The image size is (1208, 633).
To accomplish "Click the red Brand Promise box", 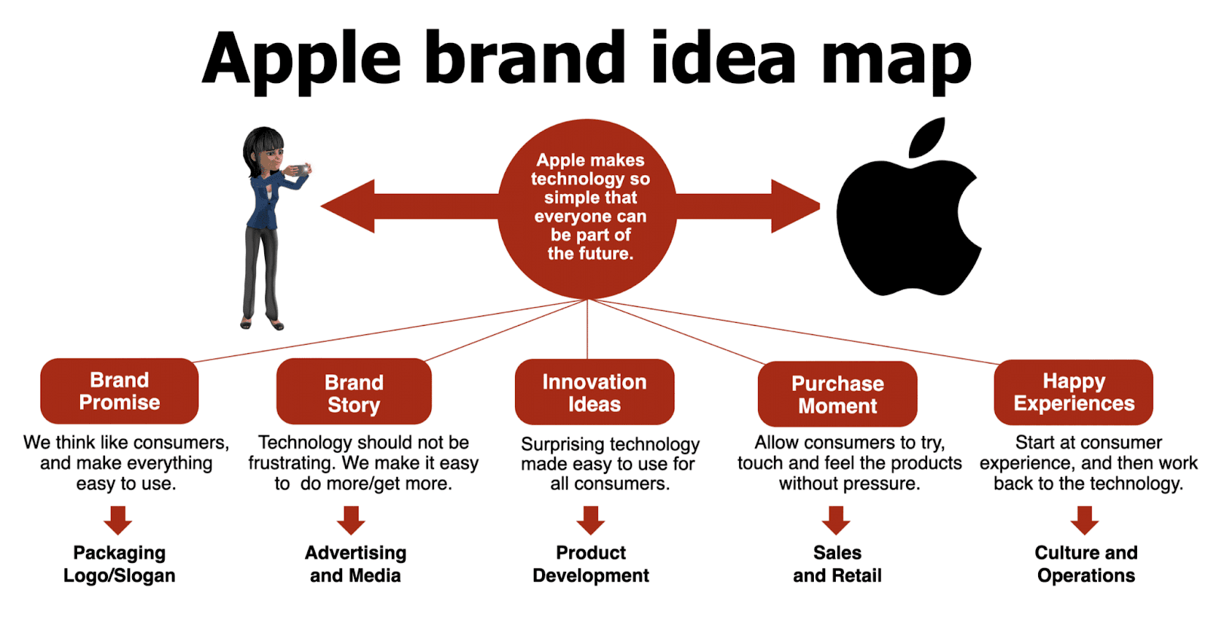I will (x=119, y=391).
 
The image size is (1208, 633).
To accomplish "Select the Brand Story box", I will (x=353, y=392).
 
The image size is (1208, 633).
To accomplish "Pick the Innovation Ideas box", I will (x=594, y=392).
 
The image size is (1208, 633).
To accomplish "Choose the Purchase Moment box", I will (x=837, y=394).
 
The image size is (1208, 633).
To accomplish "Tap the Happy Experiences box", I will (x=1074, y=392).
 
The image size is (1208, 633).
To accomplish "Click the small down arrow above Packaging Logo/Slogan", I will (x=119, y=520).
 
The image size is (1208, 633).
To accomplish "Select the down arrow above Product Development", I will (x=590, y=520).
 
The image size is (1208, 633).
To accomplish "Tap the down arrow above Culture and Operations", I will (x=1084, y=520).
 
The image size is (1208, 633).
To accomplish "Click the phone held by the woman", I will (x=300, y=170).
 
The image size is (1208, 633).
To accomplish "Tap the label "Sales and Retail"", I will (x=837, y=564).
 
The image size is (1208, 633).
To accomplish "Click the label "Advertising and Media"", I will (x=356, y=564).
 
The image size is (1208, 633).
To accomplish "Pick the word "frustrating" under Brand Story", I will (x=292, y=462).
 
